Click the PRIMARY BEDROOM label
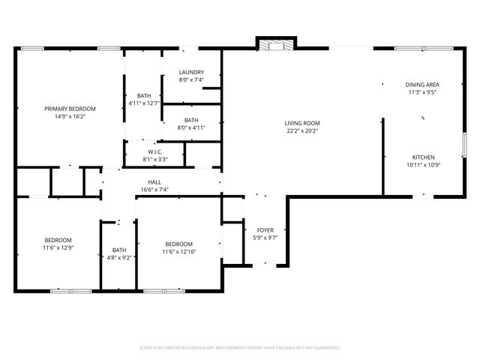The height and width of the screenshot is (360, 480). [70, 109]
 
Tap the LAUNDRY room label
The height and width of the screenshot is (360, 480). [190, 72]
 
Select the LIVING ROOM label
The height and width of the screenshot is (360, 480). [302, 123]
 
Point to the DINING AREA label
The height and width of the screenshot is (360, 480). [422, 85]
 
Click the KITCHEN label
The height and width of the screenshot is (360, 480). [423, 157]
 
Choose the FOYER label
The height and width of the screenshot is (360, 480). [265, 230]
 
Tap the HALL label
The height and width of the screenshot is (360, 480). [154, 182]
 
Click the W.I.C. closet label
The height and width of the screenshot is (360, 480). [155, 151]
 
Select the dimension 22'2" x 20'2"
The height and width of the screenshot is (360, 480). [302, 131]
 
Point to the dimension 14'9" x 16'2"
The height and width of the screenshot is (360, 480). [70, 117]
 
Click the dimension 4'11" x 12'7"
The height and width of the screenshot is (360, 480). [144, 103]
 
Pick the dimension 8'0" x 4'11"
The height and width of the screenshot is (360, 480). [191, 128]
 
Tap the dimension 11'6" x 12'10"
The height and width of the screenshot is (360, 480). [179, 252]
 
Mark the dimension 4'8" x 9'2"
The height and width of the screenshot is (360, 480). [120, 258]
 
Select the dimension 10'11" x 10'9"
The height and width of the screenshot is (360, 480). [423, 165]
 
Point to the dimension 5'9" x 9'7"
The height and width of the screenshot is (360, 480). [265, 238]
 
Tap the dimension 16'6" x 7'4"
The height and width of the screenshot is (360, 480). [154, 190]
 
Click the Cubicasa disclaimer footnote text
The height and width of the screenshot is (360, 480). [240, 348]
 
